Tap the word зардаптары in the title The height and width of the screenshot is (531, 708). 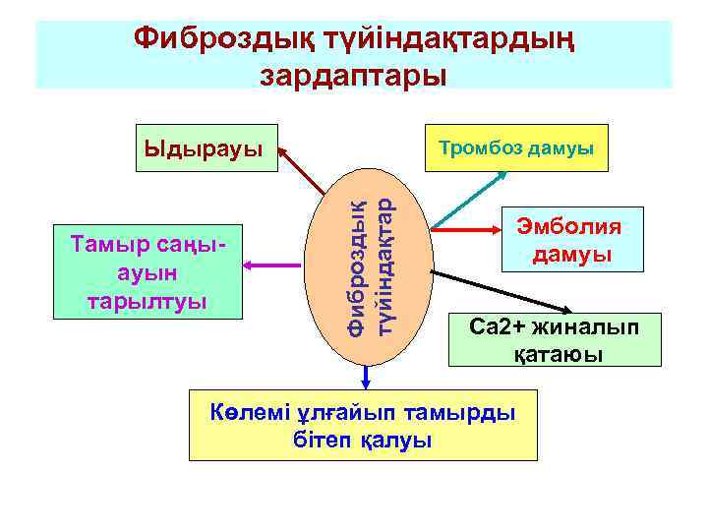353,74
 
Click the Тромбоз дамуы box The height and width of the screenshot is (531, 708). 516,148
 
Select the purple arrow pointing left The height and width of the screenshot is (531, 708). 279,265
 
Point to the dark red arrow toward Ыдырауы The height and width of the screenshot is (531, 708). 300,169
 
